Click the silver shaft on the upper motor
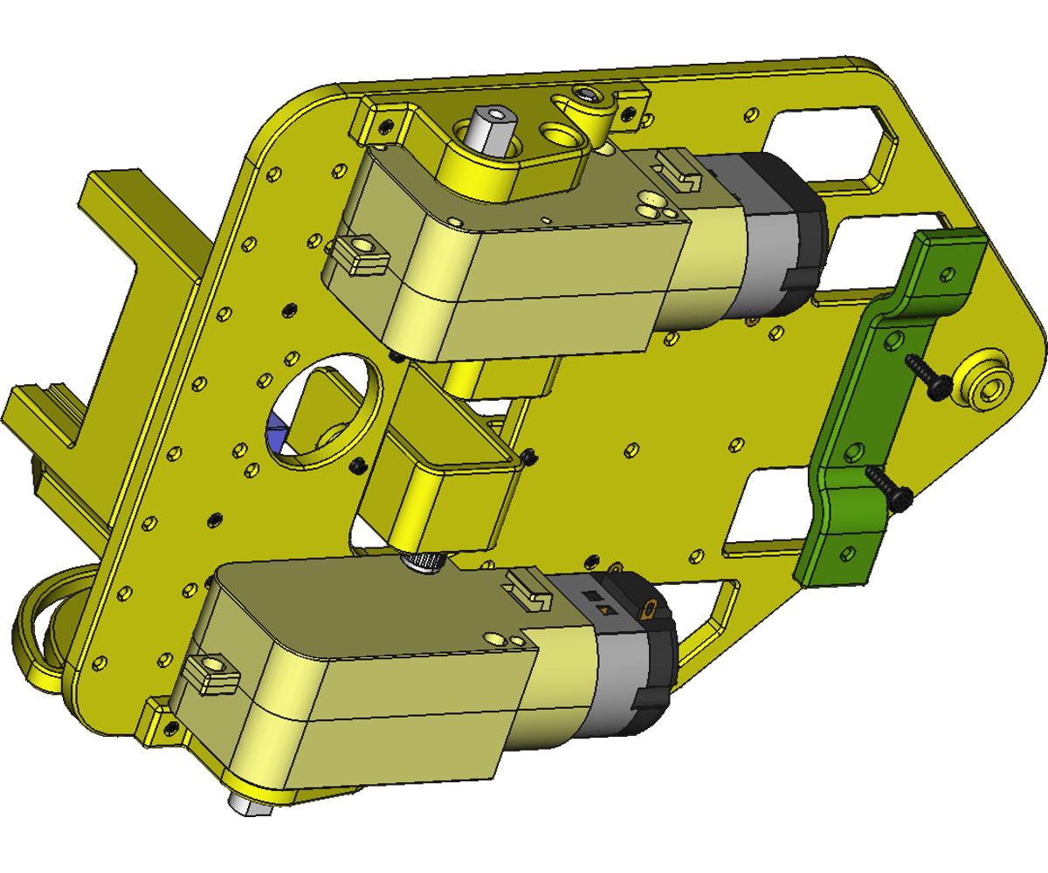click(492, 131)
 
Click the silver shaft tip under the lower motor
click(252, 801)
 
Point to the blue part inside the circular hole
click(277, 434)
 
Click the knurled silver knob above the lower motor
click(423, 563)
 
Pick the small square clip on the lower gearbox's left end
click(210, 673)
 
